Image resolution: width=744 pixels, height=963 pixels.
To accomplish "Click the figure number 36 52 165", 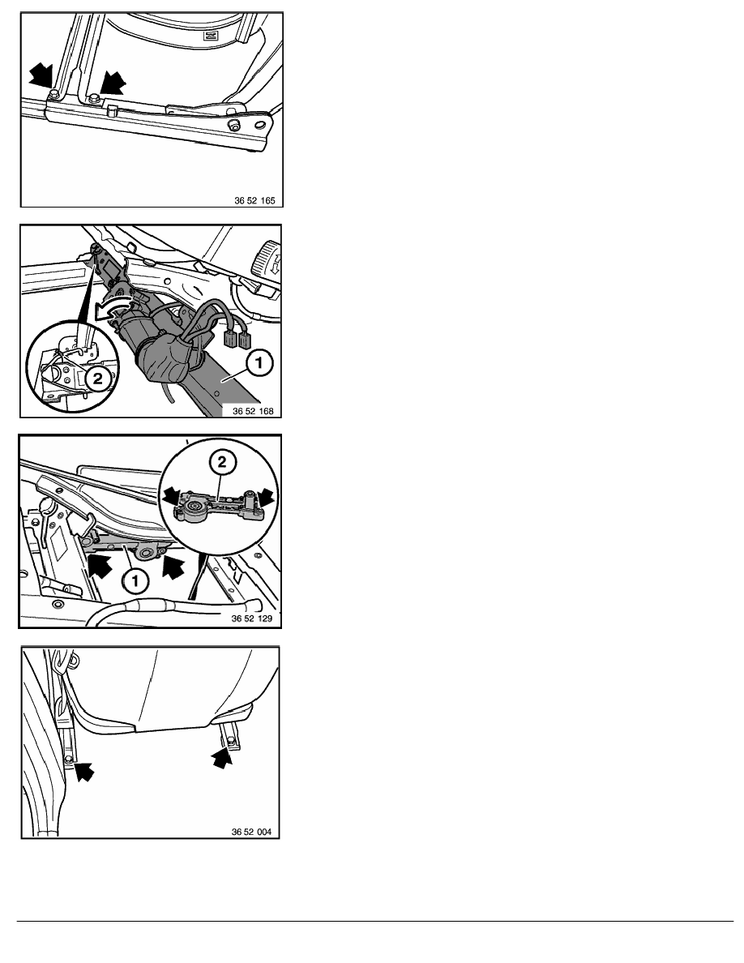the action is (x=254, y=200).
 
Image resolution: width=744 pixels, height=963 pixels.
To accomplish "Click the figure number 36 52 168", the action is (x=253, y=411).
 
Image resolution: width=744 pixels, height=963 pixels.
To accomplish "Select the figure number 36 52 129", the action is (x=252, y=618).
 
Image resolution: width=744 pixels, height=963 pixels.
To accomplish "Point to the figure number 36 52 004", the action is (x=251, y=832).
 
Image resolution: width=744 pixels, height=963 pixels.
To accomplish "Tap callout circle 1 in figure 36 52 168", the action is (x=259, y=363).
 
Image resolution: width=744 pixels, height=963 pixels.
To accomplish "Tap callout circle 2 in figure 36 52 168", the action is (x=97, y=379).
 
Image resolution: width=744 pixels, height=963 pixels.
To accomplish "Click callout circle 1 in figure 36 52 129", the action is (x=135, y=580).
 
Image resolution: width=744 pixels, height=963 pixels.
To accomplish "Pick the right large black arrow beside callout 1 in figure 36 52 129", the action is (x=173, y=567).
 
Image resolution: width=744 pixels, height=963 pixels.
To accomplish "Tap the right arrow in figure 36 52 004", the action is (x=222, y=758).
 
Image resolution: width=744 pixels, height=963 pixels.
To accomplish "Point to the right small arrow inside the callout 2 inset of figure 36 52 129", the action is (x=265, y=494).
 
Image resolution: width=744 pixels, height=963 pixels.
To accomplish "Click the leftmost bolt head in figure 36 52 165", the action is (x=53, y=93).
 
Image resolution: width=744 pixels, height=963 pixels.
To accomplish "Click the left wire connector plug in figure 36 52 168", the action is (x=232, y=338).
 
